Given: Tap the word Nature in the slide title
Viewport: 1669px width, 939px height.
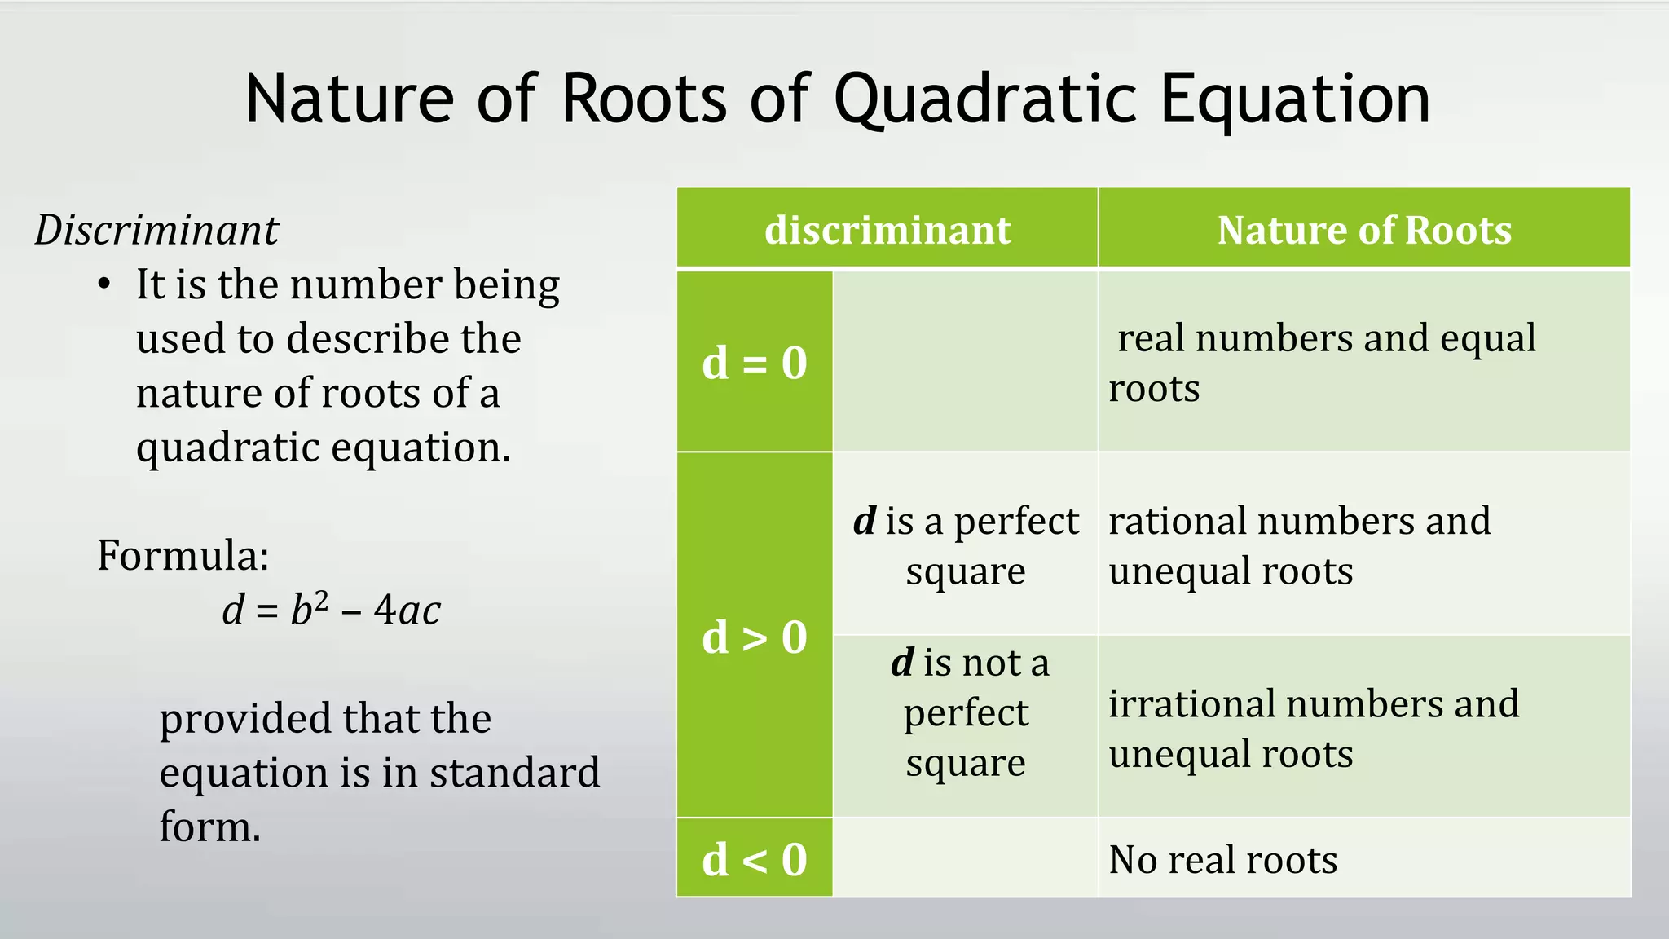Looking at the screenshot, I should pyautogui.click(x=349, y=99).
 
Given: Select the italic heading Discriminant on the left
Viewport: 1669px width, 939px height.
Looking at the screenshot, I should pyautogui.click(x=156, y=230).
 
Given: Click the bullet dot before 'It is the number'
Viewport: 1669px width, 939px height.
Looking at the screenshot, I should pyautogui.click(x=103, y=285).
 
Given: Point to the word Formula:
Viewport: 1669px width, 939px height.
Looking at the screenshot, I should pyautogui.click(x=183, y=556).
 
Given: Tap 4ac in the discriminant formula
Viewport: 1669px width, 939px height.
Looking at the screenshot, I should pyautogui.click(x=407, y=610).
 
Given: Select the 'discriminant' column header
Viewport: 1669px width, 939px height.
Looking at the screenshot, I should pyautogui.click(x=887, y=230).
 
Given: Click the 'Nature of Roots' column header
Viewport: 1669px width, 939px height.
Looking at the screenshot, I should pyautogui.click(x=1364, y=230).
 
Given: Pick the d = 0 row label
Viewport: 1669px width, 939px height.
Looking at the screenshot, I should pyautogui.click(x=755, y=363).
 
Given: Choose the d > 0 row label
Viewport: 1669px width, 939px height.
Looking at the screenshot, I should pyautogui.click(x=755, y=637).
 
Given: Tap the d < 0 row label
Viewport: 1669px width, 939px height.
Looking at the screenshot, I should pyautogui.click(x=755, y=859).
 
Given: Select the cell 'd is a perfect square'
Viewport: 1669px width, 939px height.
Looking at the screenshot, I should pyautogui.click(x=966, y=544).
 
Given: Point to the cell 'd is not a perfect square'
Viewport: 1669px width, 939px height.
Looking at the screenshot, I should pyautogui.click(x=966, y=712).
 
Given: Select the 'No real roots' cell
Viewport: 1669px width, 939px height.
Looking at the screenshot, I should pyautogui.click(x=1222, y=859).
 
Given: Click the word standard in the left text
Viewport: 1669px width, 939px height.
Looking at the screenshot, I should pyautogui.click(x=514, y=773).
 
